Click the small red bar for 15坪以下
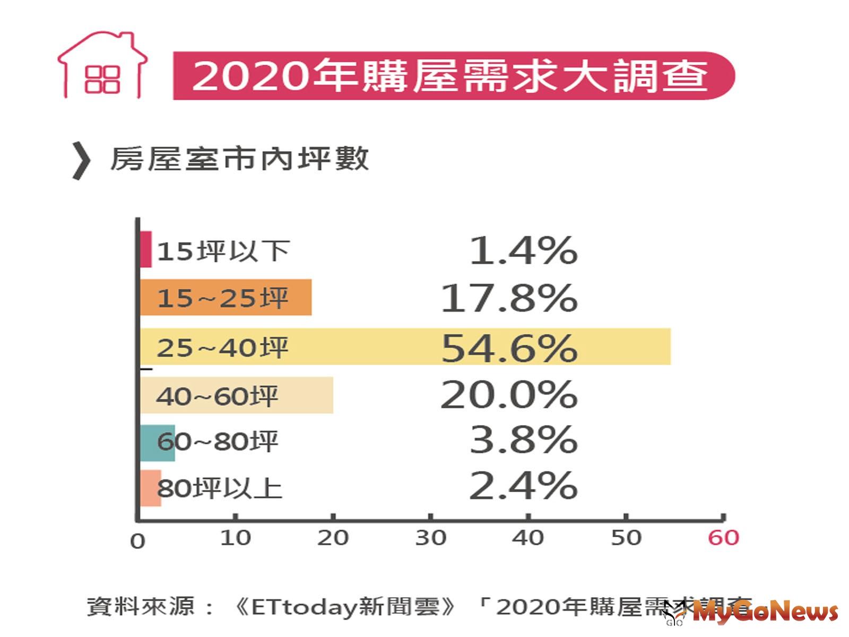pos(145,249)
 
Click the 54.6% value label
pos(509,348)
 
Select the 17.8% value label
pos(509,298)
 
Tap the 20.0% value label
pos(509,395)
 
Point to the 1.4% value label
pos(523,251)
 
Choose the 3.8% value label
pos(523,440)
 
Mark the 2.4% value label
pos(523,486)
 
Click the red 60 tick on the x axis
pos(723,538)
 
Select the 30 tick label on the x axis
pos(430,538)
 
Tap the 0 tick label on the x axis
pos(137,541)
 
